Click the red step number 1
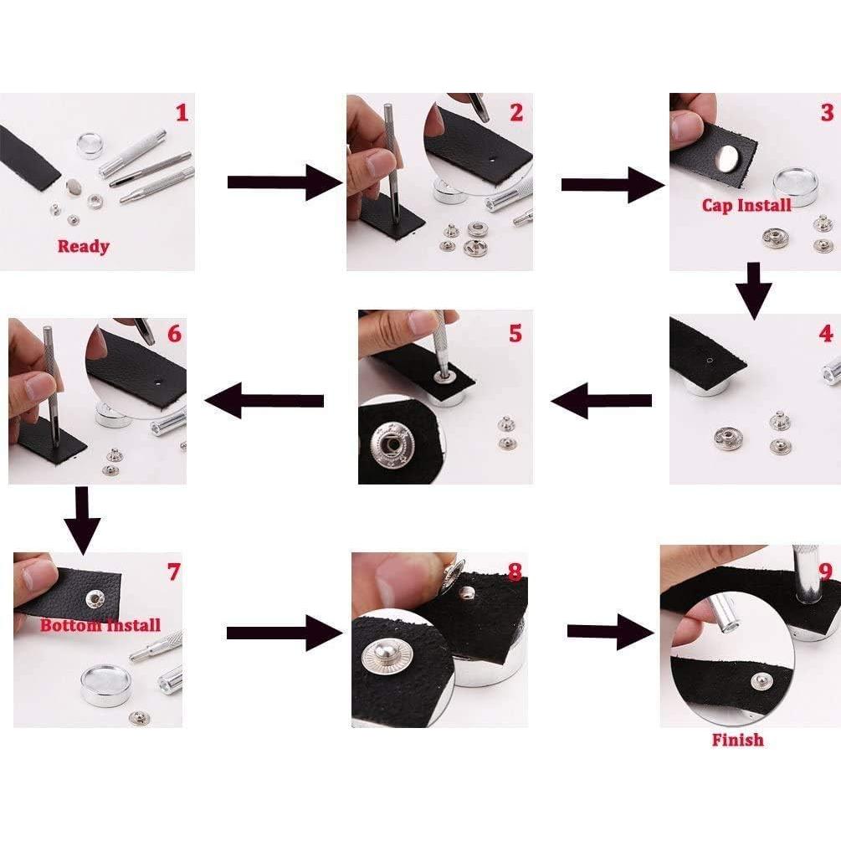click(x=182, y=113)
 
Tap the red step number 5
click(x=515, y=333)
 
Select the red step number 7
click(x=173, y=572)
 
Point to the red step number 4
click(x=826, y=334)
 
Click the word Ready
click(x=84, y=246)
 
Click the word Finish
click(x=737, y=740)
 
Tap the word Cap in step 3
click(x=716, y=205)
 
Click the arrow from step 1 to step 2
click(x=285, y=182)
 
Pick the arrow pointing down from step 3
click(x=754, y=290)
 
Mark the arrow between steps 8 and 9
click(x=611, y=632)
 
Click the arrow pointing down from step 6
click(x=82, y=520)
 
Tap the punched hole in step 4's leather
click(x=710, y=360)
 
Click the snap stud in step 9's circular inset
click(x=759, y=681)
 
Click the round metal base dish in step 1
click(x=90, y=146)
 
